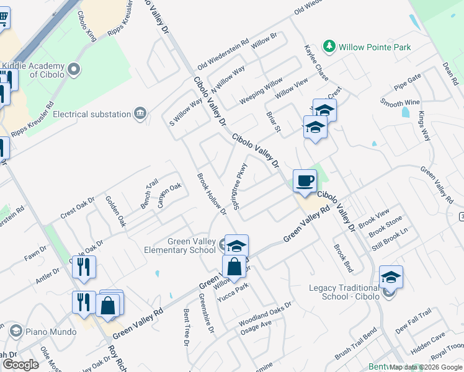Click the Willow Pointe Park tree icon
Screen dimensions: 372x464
click(x=328, y=46)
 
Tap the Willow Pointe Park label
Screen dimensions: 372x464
click(x=374, y=47)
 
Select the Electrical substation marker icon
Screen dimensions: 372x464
click(x=141, y=113)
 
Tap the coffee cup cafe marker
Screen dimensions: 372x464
click(x=304, y=182)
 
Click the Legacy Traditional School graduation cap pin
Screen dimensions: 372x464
click(x=391, y=277)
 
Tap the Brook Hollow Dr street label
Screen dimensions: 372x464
click(x=211, y=194)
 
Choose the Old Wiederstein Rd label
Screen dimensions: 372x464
click(x=222, y=60)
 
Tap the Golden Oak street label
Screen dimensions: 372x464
click(x=115, y=211)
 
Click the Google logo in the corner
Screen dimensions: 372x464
click(x=20, y=365)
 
